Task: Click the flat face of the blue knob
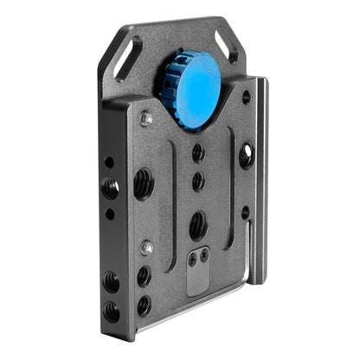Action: [x=200, y=89]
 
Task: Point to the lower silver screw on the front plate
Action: [x=147, y=247]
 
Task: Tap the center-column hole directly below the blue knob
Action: [x=198, y=153]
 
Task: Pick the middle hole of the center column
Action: [x=198, y=182]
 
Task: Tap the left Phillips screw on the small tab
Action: [x=192, y=258]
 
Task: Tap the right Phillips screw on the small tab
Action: [x=203, y=255]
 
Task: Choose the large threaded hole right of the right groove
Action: [x=247, y=157]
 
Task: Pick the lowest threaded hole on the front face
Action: [x=144, y=305]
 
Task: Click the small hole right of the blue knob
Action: [x=246, y=97]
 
